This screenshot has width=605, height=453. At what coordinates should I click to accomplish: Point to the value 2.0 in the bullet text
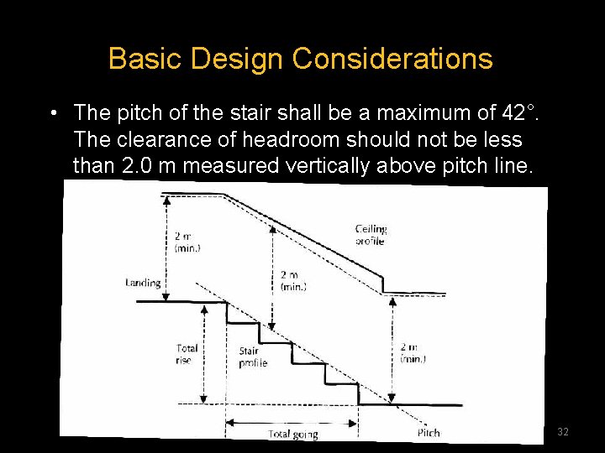click(138, 165)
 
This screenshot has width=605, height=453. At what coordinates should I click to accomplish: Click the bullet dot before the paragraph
click(53, 112)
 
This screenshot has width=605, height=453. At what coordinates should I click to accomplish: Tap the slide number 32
click(563, 431)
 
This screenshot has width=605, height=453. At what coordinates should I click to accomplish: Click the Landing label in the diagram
click(143, 283)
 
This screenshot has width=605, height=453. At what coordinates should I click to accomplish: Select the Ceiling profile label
click(370, 235)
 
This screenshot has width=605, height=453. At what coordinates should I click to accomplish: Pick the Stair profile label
click(252, 357)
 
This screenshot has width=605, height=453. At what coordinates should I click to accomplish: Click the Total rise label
click(187, 354)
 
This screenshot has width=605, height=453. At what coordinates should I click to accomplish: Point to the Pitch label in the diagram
click(428, 433)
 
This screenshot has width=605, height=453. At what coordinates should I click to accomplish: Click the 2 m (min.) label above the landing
click(187, 242)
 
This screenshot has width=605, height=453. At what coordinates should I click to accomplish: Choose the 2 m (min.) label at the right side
click(413, 352)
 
